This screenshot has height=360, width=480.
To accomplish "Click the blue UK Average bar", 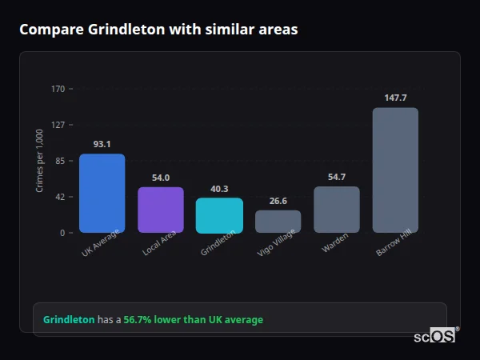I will pyautogui.click(x=102, y=193).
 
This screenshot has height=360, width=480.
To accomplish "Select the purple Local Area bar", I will pyautogui.click(x=161, y=210).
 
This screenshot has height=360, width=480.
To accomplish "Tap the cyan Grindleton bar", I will pyautogui.click(x=219, y=215).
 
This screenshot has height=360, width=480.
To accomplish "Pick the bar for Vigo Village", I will pyautogui.click(x=278, y=222).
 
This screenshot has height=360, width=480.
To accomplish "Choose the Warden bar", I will pyautogui.click(x=337, y=210).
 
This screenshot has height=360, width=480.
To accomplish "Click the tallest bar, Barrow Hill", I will pyautogui.click(x=395, y=170).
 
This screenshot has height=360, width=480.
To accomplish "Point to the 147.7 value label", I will pyautogui.click(x=395, y=98).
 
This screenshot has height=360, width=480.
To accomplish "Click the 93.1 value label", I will pyautogui.click(x=102, y=144).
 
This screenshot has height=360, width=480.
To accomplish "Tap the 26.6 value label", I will pyautogui.click(x=278, y=201).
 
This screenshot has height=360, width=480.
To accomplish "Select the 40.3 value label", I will pyautogui.click(x=219, y=189).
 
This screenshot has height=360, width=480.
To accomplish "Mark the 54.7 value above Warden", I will pyautogui.click(x=337, y=177).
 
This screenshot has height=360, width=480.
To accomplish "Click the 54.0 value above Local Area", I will pyautogui.click(x=161, y=178).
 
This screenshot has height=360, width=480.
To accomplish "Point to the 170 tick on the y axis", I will pyautogui.click(x=58, y=89).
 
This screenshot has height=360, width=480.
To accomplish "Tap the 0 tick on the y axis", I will pyautogui.click(x=62, y=233).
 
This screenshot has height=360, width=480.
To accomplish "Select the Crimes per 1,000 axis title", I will pyautogui.click(x=40, y=161).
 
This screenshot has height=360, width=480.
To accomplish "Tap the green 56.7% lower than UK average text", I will pyautogui.click(x=193, y=320).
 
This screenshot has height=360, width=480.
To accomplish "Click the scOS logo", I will pyautogui.click(x=435, y=336).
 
